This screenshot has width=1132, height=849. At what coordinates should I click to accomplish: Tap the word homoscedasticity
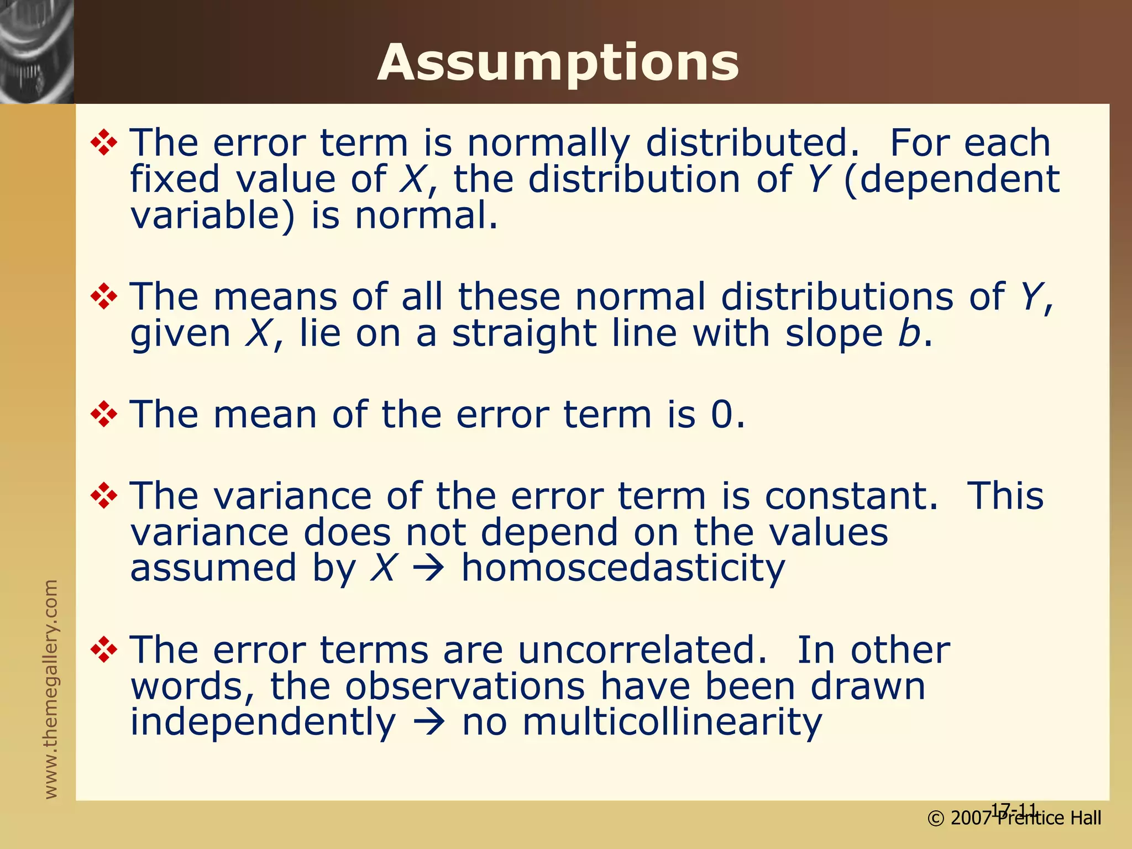click(x=623, y=568)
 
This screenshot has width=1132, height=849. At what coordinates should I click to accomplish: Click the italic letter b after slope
click(x=909, y=334)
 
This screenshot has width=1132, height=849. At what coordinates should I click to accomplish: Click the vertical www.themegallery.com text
click(x=51, y=689)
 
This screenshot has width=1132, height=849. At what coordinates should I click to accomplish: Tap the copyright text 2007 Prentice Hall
click(x=1014, y=818)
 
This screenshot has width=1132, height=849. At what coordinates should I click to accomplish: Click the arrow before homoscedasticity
click(x=428, y=569)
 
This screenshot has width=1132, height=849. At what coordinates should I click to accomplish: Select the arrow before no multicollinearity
click(x=428, y=722)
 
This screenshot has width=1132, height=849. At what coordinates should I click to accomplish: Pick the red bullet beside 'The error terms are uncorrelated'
click(x=104, y=649)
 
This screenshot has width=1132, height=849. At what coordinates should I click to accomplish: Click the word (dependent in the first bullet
click(x=951, y=180)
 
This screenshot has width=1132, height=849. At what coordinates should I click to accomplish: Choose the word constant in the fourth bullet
click(x=851, y=495)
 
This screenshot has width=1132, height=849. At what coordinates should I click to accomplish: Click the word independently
click(x=263, y=722)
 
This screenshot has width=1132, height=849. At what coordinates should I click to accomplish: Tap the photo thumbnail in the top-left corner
click(x=36, y=51)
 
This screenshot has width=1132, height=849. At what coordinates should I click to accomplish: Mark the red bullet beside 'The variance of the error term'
click(x=104, y=495)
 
